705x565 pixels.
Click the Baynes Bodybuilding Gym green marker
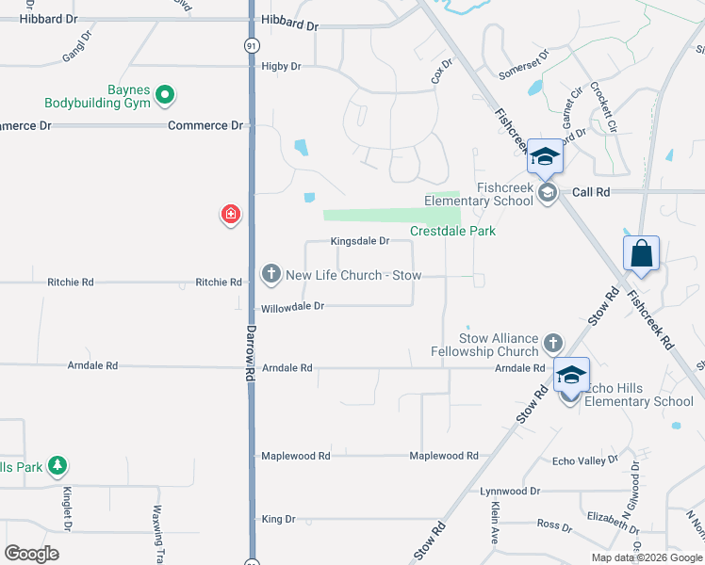(165, 93)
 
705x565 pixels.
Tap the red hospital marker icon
(229, 216)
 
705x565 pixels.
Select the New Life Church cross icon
(271, 274)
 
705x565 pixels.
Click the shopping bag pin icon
(641, 253)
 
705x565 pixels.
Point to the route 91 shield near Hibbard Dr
(251, 44)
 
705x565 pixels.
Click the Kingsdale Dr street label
(360, 241)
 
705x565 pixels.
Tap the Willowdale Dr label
(292, 306)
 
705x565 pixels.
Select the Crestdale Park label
(452, 231)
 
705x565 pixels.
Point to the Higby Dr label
(282, 66)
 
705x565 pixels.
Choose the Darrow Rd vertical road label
(251, 353)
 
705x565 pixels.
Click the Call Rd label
(591, 191)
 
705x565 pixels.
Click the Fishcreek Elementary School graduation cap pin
(545, 157)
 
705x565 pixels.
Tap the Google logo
(31, 554)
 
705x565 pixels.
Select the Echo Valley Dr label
(585, 460)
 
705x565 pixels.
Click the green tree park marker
(58, 466)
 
